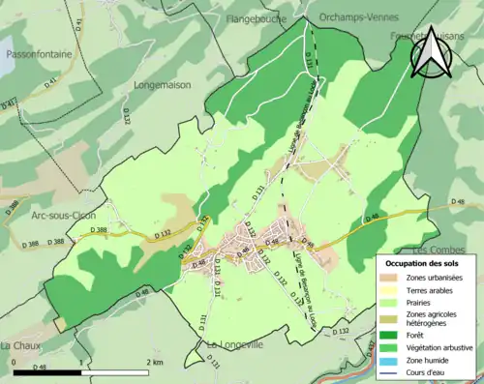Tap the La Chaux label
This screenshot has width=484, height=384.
(18, 345)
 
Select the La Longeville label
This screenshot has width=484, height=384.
(229, 344)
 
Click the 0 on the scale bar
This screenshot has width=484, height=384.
(15, 361)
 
